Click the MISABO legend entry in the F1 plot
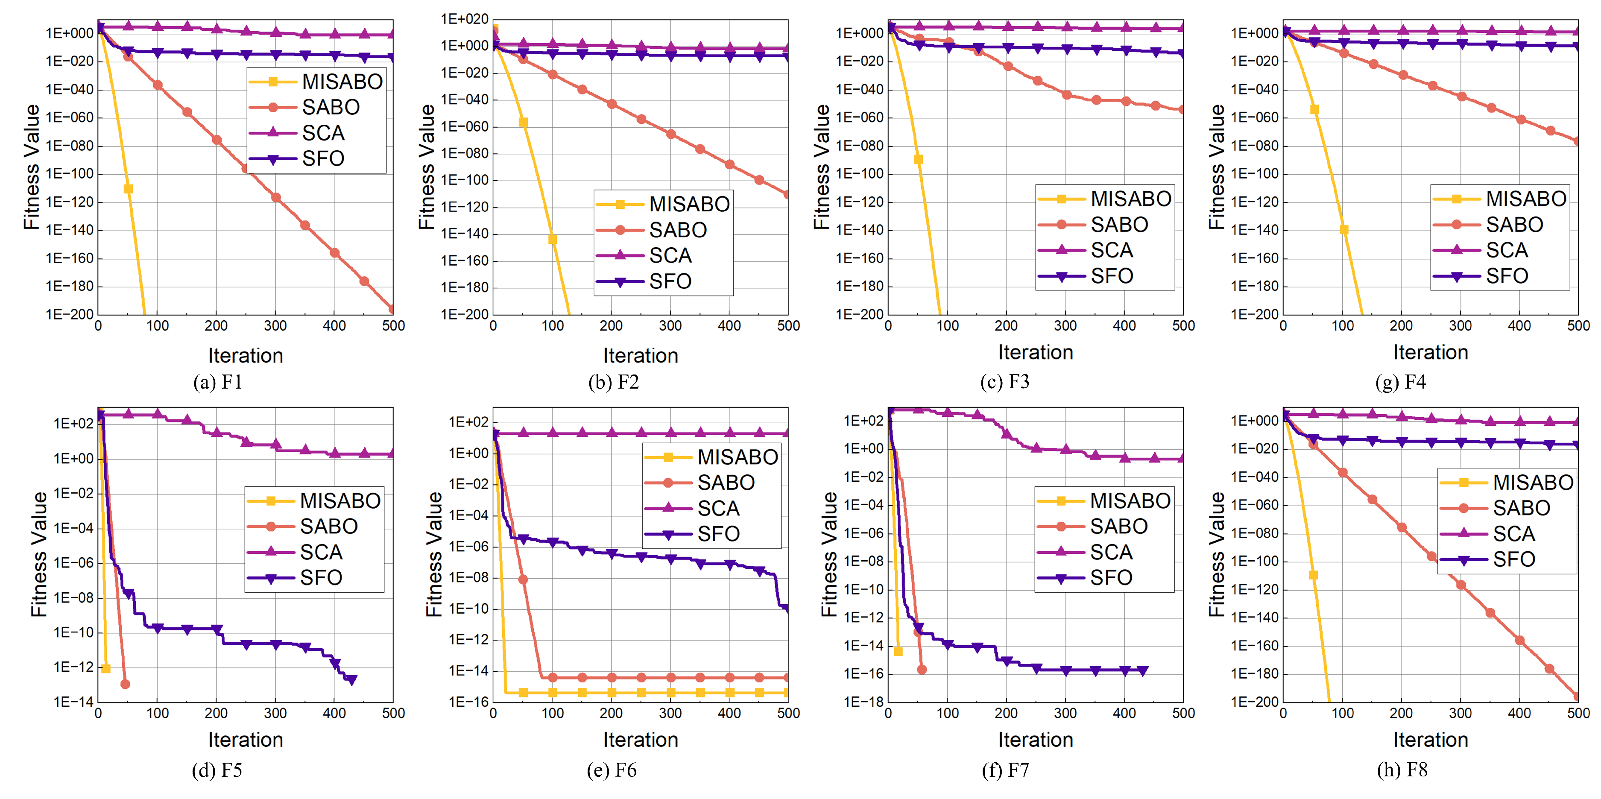pyautogui.click(x=341, y=82)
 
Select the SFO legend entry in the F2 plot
pyautogui.click(x=670, y=281)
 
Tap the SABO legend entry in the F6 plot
pyautogui.click(x=725, y=483)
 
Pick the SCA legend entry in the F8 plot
pyautogui.click(x=1513, y=534)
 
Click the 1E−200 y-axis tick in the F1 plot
pyautogui.click(x=69, y=314)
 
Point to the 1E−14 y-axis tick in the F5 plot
pyautogui.click(x=73, y=702)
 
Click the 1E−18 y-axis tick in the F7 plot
pyautogui.click(x=863, y=702)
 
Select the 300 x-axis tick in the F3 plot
pyautogui.click(x=1065, y=325)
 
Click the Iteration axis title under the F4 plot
pyautogui.click(x=1430, y=352)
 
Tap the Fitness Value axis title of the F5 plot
pyautogui.click(x=38, y=554)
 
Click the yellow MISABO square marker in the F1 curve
pyautogui.click(x=128, y=189)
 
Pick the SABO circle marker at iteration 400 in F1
pyautogui.click(x=334, y=253)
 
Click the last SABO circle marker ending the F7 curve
pyautogui.click(x=922, y=670)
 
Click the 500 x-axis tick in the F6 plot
pyautogui.click(x=788, y=713)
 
